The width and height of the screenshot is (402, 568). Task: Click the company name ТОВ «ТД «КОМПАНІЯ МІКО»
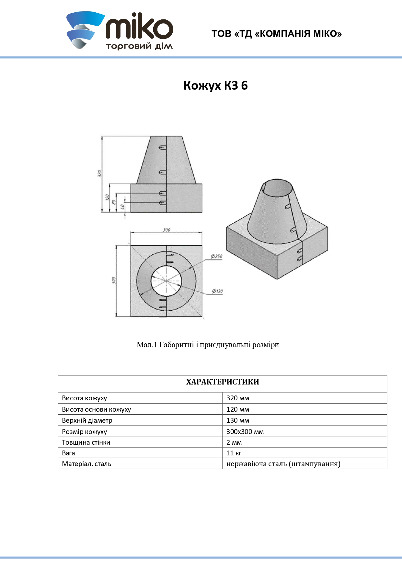click(x=277, y=34)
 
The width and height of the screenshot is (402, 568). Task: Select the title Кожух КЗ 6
click(x=215, y=85)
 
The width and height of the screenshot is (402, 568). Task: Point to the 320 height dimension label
click(x=100, y=173)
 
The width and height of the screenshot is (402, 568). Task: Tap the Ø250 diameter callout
click(x=217, y=256)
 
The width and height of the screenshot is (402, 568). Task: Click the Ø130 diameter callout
click(x=217, y=291)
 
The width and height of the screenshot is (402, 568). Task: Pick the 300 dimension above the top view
click(x=167, y=230)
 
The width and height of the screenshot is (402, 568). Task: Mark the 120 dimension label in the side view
click(x=107, y=197)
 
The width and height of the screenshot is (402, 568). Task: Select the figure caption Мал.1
click(x=208, y=345)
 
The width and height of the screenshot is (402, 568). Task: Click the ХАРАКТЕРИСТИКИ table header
click(x=223, y=382)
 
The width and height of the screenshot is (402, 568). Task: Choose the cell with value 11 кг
click(x=234, y=453)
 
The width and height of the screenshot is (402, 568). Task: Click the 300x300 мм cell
click(x=245, y=432)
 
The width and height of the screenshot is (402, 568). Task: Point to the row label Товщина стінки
click(x=86, y=442)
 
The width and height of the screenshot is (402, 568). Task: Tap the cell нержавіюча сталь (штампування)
click(x=283, y=464)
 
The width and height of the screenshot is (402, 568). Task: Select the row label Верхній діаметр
click(x=87, y=420)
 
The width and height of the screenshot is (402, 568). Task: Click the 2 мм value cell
click(x=234, y=442)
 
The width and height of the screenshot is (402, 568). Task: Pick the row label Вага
click(x=69, y=453)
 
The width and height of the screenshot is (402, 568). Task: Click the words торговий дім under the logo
click(x=139, y=46)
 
